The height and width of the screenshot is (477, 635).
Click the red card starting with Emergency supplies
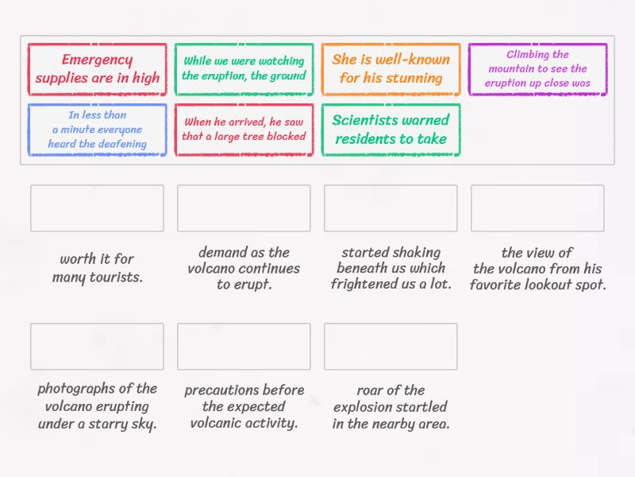[97, 69]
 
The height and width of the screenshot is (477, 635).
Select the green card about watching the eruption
[244, 69]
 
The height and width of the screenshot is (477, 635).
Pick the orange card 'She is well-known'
[391, 69]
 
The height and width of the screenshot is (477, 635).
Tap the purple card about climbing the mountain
[538, 69]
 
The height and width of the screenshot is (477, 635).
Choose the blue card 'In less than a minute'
[97, 130]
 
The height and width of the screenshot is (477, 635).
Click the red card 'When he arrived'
[244, 130]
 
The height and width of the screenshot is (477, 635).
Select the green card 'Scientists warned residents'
[391, 130]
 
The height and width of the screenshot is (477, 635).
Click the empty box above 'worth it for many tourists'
[97, 208]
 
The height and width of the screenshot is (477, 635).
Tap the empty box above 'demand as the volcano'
[244, 208]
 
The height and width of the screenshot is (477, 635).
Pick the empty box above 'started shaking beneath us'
[391, 208]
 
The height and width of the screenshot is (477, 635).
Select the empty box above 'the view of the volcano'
[537, 208]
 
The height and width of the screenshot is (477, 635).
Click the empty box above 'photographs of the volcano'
[97, 347]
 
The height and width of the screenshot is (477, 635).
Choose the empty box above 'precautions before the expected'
[244, 347]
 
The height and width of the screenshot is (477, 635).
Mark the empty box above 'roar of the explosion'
[391, 347]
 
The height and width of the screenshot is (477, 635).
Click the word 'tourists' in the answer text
[116, 277]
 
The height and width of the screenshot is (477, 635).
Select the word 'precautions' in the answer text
[221, 390]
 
